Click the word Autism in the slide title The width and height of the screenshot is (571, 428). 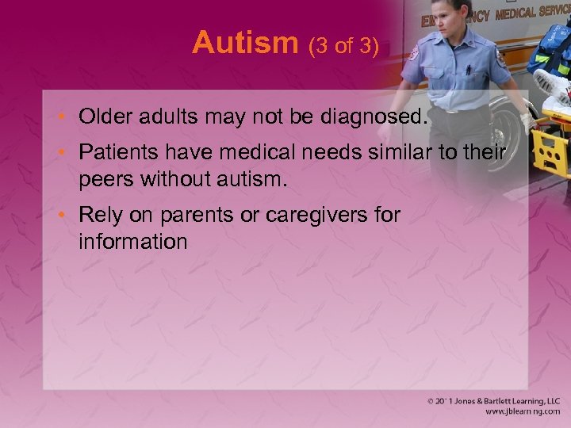tap(244, 43)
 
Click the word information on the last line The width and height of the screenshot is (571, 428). tap(132, 240)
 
